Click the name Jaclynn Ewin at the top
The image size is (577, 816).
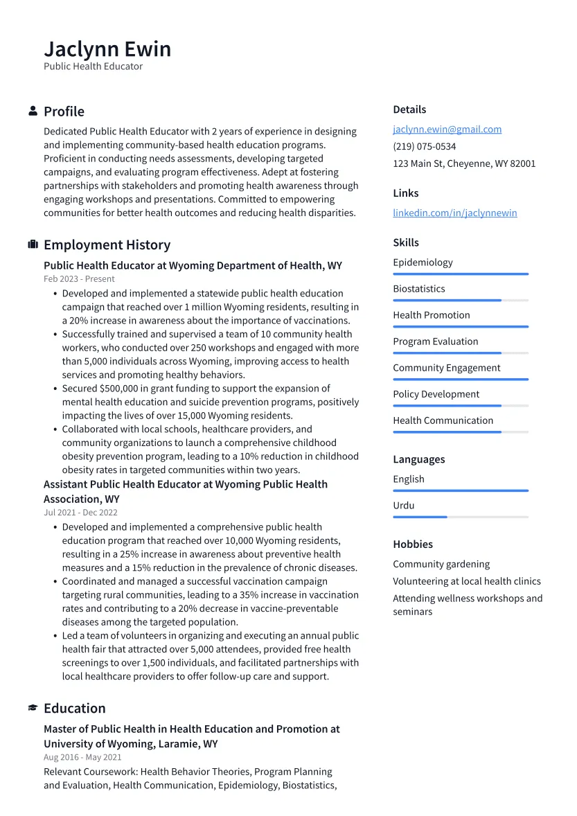pyautogui.click(x=107, y=49)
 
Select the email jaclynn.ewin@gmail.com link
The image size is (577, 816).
pyautogui.click(x=447, y=130)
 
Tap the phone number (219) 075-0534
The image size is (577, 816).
pyautogui.click(x=424, y=147)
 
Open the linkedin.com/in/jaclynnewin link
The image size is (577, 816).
pyautogui.click(x=454, y=213)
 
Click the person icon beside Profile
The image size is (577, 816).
pyautogui.click(x=33, y=112)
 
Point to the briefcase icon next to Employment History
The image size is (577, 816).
pyautogui.click(x=33, y=245)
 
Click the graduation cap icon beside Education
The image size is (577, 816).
pyautogui.click(x=33, y=708)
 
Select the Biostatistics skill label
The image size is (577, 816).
pyautogui.click(x=418, y=289)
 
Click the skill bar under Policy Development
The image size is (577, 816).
pyautogui.click(x=460, y=405)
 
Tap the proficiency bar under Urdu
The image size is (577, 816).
pyautogui.click(x=460, y=517)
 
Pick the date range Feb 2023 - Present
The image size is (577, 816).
pyautogui.click(x=79, y=279)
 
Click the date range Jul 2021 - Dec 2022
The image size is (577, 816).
pyautogui.click(x=80, y=513)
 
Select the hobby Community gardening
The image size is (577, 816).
pyautogui.click(x=441, y=565)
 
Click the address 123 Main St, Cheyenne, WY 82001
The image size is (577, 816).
pyautogui.click(x=464, y=164)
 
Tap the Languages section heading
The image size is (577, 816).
pyautogui.click(x=418, y=459)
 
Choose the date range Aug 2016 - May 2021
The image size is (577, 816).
pyautogui.click(x=82, y=758)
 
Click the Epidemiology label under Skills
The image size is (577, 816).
pyautogui.click(x=423, y=263)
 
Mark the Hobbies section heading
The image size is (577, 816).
pyautogui.click(x=412, y=544)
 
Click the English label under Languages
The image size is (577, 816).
pyautogui.click(x=408, y=479)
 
